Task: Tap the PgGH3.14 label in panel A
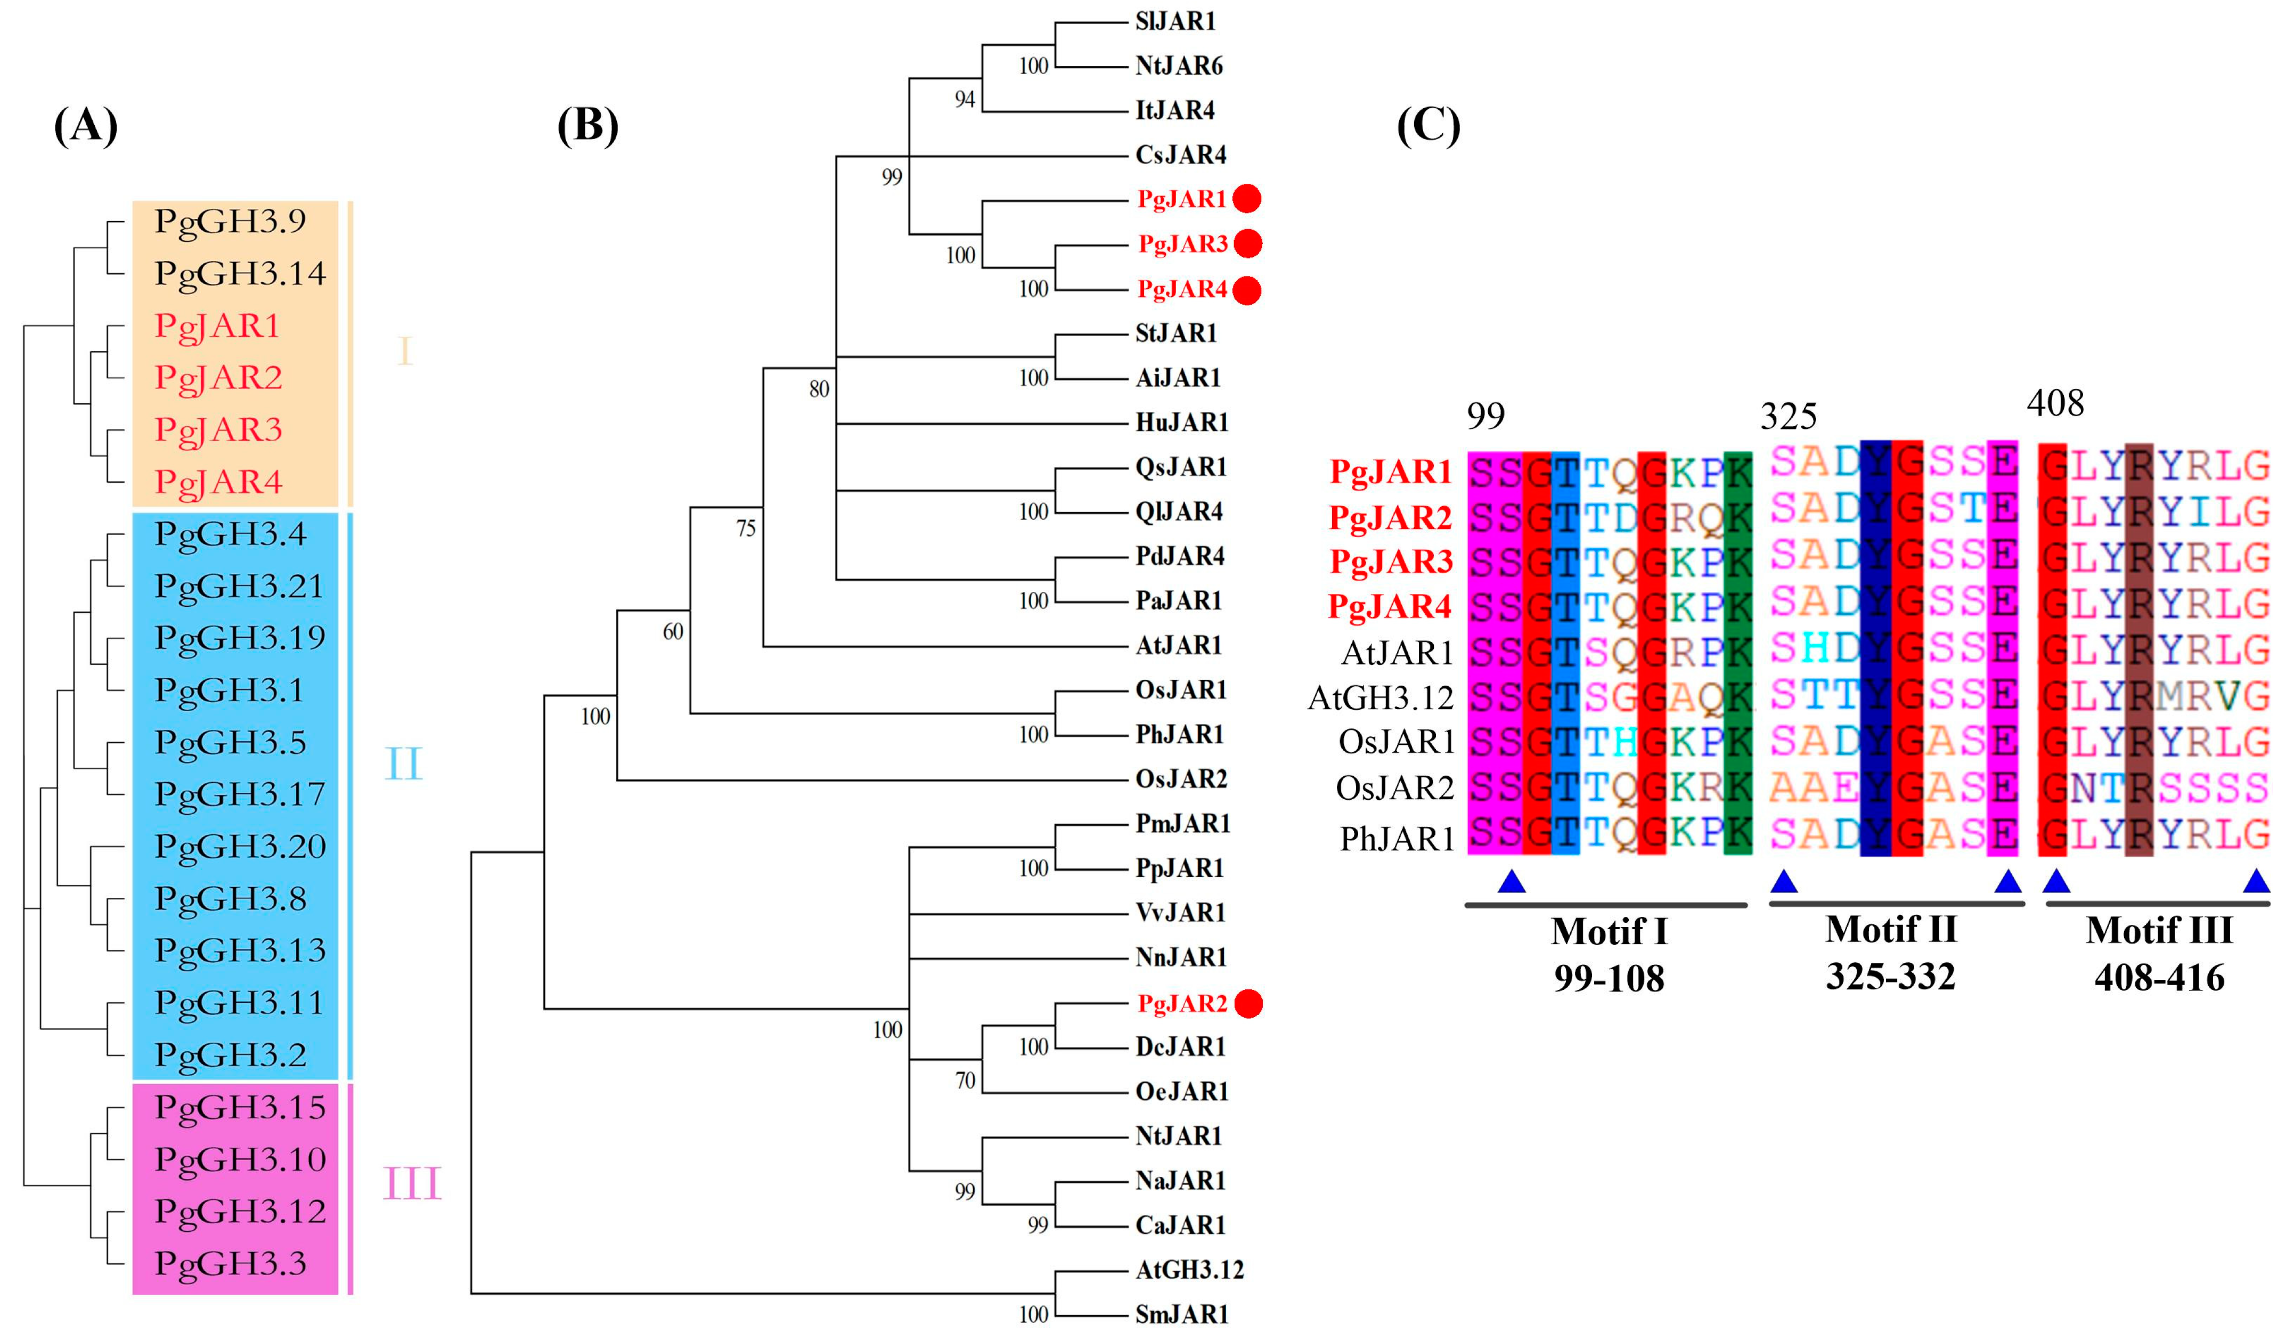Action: [x=240, y=273]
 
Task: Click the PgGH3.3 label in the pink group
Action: [x=231, y=1263]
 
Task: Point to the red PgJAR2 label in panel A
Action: [x=218, y=377]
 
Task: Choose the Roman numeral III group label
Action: [x=412, y=1183]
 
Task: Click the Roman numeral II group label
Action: [x=404, y=764]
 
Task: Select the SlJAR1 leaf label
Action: [x=1175, y=21]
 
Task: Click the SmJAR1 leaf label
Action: [x=1182, y=1314]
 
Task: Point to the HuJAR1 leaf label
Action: [x=1182, y=422]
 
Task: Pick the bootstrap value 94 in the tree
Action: [x=964, y=99]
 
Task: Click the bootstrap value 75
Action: [x=746, y=528]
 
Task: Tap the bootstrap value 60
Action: [x=672, y=631]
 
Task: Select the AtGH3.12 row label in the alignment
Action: [x=1380, y=697]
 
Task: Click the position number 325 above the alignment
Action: [x=1788, y=417]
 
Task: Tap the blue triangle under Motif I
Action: [x=1511, y=881]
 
